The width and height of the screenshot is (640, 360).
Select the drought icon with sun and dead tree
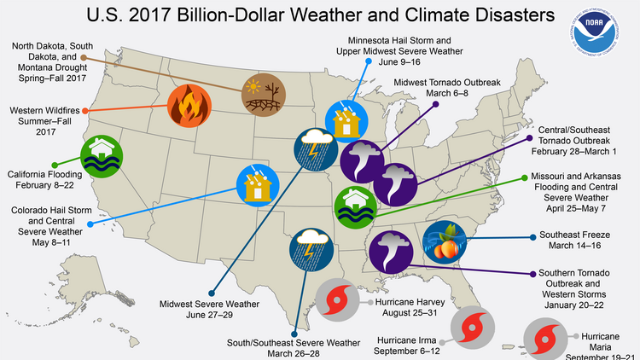(261, 94)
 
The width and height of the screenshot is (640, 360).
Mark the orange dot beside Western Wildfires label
(89, 111)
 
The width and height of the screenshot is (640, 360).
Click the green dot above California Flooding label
(55, 165)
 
